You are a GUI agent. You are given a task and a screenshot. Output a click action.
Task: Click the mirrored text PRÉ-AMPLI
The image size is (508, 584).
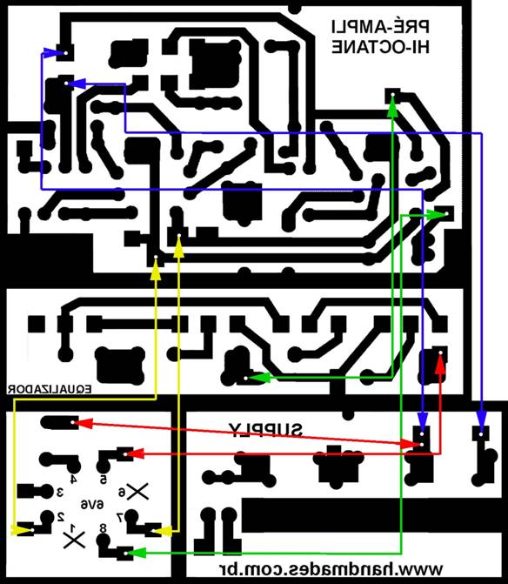380,26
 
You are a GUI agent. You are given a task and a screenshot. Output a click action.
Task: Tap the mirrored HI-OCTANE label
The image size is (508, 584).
380,47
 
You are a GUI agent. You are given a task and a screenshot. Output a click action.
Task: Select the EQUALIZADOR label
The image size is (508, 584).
50,390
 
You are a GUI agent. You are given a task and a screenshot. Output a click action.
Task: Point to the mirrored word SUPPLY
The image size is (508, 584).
265,430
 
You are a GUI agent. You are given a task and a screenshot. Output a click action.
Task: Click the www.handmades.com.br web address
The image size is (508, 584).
330,568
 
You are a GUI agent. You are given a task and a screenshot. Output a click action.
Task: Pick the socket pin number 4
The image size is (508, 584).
73,479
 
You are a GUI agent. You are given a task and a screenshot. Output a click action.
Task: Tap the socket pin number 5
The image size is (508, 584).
104,479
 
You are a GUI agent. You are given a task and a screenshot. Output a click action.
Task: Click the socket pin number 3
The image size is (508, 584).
60,493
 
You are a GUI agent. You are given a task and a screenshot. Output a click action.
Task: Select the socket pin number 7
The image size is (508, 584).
120,517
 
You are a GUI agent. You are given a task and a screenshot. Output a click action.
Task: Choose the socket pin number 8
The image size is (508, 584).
104,528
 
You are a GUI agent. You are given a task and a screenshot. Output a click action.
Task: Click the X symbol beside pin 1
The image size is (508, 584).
75,540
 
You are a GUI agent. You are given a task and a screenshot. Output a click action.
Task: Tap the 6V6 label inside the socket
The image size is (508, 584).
92,504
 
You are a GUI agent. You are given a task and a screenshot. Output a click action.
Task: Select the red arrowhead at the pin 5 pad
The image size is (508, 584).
134,453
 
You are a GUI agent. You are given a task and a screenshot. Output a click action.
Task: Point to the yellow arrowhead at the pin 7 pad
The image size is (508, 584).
164,530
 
